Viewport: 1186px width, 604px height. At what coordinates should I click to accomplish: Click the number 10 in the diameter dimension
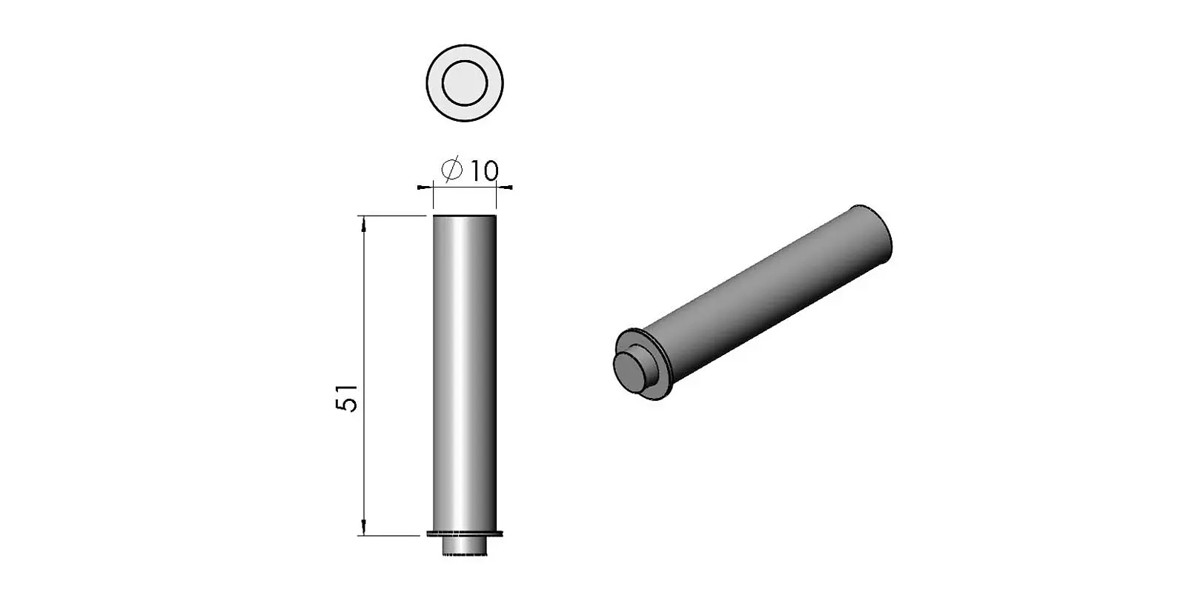pos(483,171)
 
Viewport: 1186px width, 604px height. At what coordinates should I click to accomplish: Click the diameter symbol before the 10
pos(452,170)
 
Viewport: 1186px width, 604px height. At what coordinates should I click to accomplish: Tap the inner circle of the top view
pos(465,82)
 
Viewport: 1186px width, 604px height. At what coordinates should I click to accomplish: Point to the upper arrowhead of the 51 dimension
pos(363,223)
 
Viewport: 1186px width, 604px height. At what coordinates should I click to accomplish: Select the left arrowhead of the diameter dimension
pos(426,187)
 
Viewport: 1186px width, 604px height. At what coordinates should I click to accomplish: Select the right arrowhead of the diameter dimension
pos(503,187)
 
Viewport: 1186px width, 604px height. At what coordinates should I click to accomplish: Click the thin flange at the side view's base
pos(466,534)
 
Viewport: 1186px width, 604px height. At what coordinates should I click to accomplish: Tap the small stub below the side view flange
pos(465,545)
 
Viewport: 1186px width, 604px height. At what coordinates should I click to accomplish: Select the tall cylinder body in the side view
pos(464,371)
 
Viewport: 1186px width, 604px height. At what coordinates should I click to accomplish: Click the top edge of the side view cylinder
pos(464,216)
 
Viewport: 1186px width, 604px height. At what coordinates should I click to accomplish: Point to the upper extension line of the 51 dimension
pos(393,216)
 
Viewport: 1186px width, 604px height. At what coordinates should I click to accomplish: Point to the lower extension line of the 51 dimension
pos(393,534)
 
